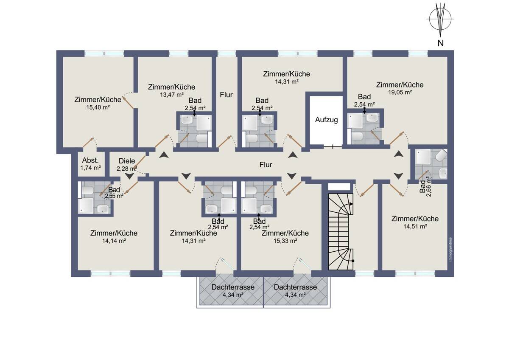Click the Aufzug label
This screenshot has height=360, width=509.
pyautogui.click(x=326, y=120)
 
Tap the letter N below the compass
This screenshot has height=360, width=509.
pyautogui.click(x=440, y=43)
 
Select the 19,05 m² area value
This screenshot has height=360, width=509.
pyautogui.click(x=400, y=92)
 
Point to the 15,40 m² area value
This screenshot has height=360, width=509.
pyautogui.click(x=98, y=107)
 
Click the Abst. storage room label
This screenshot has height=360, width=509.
pyautogui.click(x=90, y=160)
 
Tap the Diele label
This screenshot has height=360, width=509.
pyautogui.click(x=127, y=161)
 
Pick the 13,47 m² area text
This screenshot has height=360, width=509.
pyautogui.click(x=171, y=95)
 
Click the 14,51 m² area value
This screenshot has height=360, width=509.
pyautogui.click(x=415, y=226)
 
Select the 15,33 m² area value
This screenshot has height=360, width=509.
pyautogui.click(x=285, y=241)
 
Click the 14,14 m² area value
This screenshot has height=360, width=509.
pyautogui.click(x=114, y=241)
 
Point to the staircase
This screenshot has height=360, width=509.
pyautogui.click(x=341, y=231)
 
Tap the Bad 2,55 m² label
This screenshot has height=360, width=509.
pyautogui.click(x=114, y=192)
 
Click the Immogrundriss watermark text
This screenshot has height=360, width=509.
pyautogui.click(x=450, y=250)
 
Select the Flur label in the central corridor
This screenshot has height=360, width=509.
pyautogui.click(x=266, y=165)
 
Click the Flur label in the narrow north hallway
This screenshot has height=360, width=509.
pyautogui.click(x=226, y=95)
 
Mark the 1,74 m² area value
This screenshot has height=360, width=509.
pyautogui.click(x=90, y=168)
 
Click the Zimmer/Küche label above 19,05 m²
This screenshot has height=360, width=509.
pyautogui.click(x=400, y=85)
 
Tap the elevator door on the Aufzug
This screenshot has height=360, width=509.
pyautogui.click(x=333, y=147)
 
